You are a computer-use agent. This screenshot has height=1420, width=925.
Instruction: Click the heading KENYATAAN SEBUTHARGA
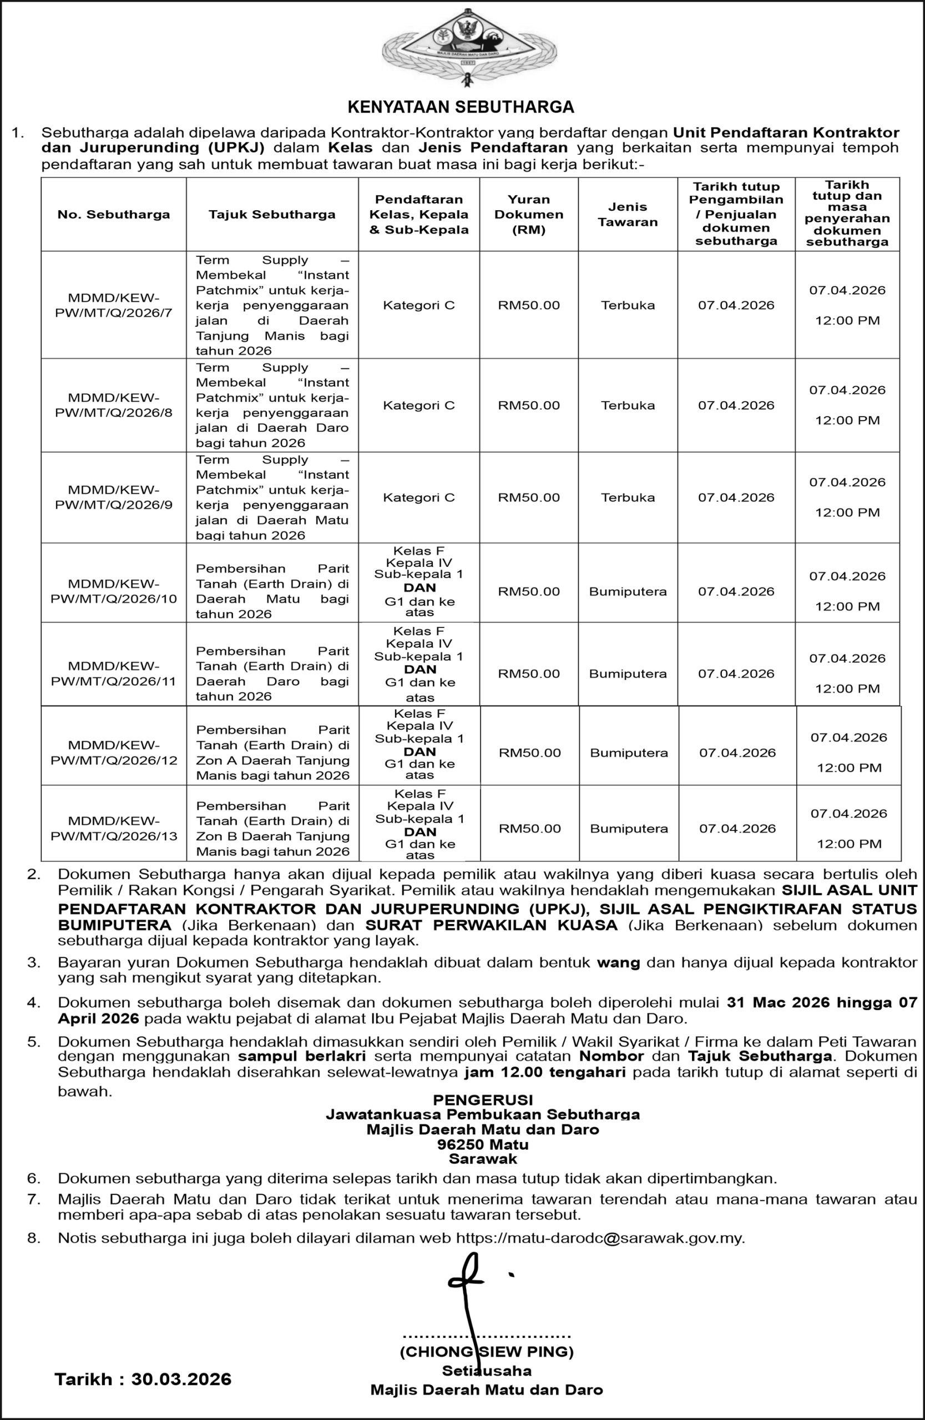tap(461, 107)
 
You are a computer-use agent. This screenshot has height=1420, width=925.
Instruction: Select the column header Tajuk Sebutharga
tap(271, 215)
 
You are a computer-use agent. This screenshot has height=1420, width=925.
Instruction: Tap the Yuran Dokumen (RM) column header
tap(529, 215)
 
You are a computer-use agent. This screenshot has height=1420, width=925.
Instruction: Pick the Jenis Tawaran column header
tap(627, 215)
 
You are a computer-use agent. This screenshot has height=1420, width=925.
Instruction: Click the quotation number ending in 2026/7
tap(113, 305)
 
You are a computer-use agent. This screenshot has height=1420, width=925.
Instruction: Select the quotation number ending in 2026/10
tap(113, 591)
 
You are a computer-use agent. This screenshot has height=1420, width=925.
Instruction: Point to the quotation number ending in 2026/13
tap(113, 828)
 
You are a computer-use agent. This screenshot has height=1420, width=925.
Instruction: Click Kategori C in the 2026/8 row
tap(418, 405)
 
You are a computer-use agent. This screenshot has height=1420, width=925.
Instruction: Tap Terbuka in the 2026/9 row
tap(627, 498)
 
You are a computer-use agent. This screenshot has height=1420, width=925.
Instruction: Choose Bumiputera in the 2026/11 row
tap(627, 673)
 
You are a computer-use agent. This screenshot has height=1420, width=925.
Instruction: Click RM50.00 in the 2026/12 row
tap(530, 753)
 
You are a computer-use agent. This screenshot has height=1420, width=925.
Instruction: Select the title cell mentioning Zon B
tap(272, 829)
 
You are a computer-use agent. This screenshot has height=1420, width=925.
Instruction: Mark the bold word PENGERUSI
tap(483, 1099)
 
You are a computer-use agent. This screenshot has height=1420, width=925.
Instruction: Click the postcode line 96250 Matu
tap(483, 1144)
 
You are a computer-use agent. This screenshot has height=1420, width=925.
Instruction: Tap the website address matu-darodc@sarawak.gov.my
tap(600, 1238)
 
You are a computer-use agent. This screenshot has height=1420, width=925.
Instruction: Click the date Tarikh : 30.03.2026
tap(143, 1379)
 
